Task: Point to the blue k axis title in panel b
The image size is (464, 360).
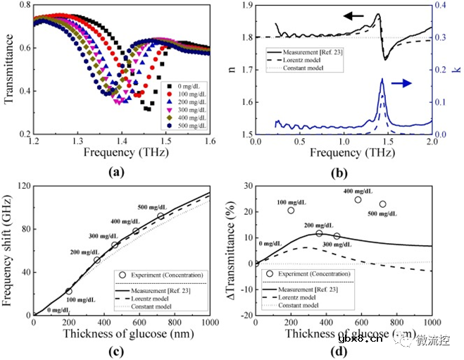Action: click(456, 70)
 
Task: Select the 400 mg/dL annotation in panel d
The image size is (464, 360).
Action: click(358, 191)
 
